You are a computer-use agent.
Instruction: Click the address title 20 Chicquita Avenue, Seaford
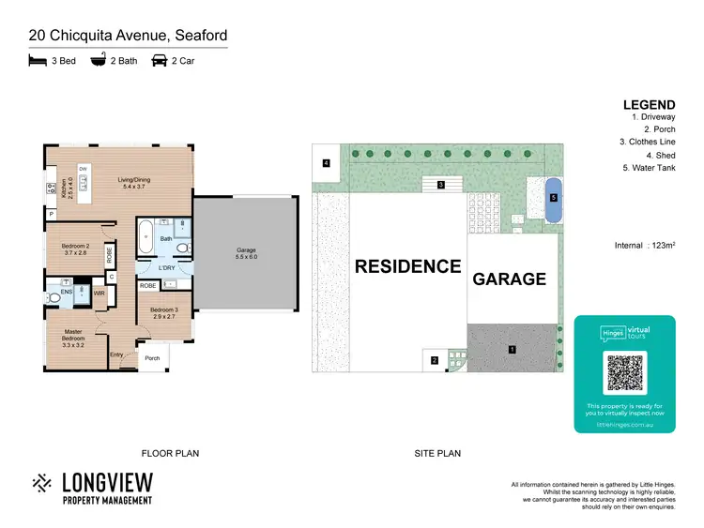pos(128,36)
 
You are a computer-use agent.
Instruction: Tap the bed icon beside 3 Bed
pos(37,61)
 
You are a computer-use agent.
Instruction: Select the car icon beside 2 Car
pos(159,61)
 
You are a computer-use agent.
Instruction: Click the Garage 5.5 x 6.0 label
pos(246,253)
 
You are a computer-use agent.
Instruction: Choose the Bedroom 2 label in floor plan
pos(75,249)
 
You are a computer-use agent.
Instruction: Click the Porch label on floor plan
pos(152,357)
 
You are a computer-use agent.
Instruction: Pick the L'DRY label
pos(167,268)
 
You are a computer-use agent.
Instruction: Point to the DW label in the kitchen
pos(83,169)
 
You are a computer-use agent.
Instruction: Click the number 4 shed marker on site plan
pos(326,163)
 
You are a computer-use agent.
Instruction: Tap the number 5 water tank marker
pos(553,198)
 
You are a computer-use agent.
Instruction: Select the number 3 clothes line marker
pos(440,185)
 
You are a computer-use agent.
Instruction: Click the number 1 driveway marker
pos(512,350)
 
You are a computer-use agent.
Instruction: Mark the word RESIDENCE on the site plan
pos(407,266)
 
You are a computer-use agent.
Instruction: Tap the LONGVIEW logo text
pos(106,482)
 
